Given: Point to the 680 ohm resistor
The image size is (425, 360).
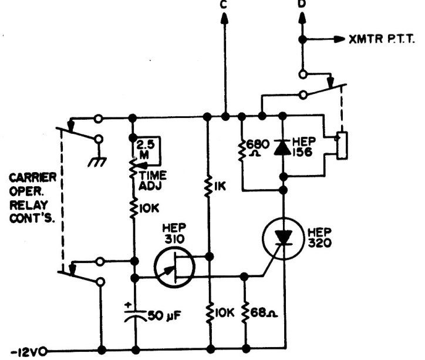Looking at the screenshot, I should click(x=241, y=150).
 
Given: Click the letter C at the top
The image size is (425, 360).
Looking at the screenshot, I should click(x=224, y=5).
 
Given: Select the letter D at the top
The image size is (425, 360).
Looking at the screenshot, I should click(x=302, y=4).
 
